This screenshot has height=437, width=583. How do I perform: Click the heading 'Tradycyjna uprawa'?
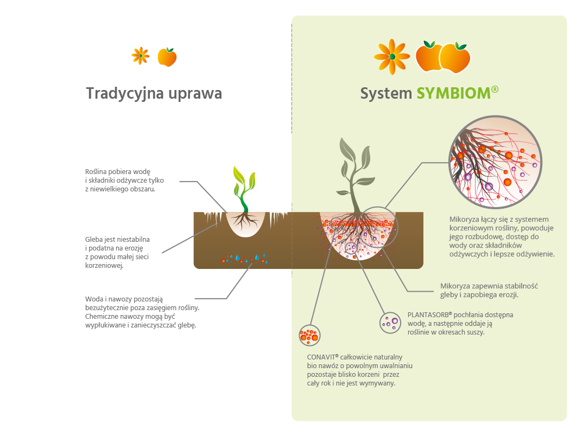pos(154,94)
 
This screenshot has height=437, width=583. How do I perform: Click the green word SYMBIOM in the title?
pos(453,94)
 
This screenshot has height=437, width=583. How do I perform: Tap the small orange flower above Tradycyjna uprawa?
pos(140,55)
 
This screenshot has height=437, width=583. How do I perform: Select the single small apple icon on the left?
pos(167,57)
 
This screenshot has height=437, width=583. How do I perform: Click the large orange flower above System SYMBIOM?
pos(392,56)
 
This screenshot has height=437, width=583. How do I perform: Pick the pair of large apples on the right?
pos(442,56)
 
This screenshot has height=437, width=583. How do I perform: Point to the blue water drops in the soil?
pos(247,259)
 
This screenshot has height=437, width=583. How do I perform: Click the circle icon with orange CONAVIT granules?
pos(309,336)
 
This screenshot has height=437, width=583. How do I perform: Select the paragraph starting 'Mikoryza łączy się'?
pos(502,236)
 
